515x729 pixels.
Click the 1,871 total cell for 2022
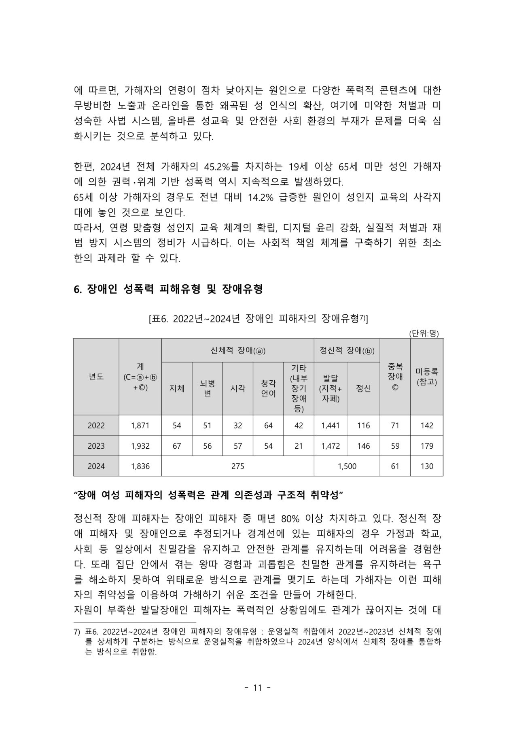tap(140, 426)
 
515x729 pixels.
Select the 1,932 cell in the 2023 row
tap(140, 446)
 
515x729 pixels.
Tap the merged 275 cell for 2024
tap(237, 466)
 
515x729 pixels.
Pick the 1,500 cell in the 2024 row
tap(347, 466)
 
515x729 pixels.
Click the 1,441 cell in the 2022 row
tap(330, 426)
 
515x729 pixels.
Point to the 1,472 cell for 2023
tap(330, 446)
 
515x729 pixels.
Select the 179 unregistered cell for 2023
tap(426, 446)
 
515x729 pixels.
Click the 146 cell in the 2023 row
tap(363, 446)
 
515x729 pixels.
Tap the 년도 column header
tap(96, 377)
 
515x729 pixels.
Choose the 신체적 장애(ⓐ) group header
tap(237, 351)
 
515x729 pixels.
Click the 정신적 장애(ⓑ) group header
tap(347, 351)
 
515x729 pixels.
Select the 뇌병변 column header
tap(207, 388)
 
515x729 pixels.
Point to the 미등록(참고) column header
tap(426, 377)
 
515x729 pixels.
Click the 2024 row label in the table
tap(96, 466)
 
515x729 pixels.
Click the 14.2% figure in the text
tap(261, 197)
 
